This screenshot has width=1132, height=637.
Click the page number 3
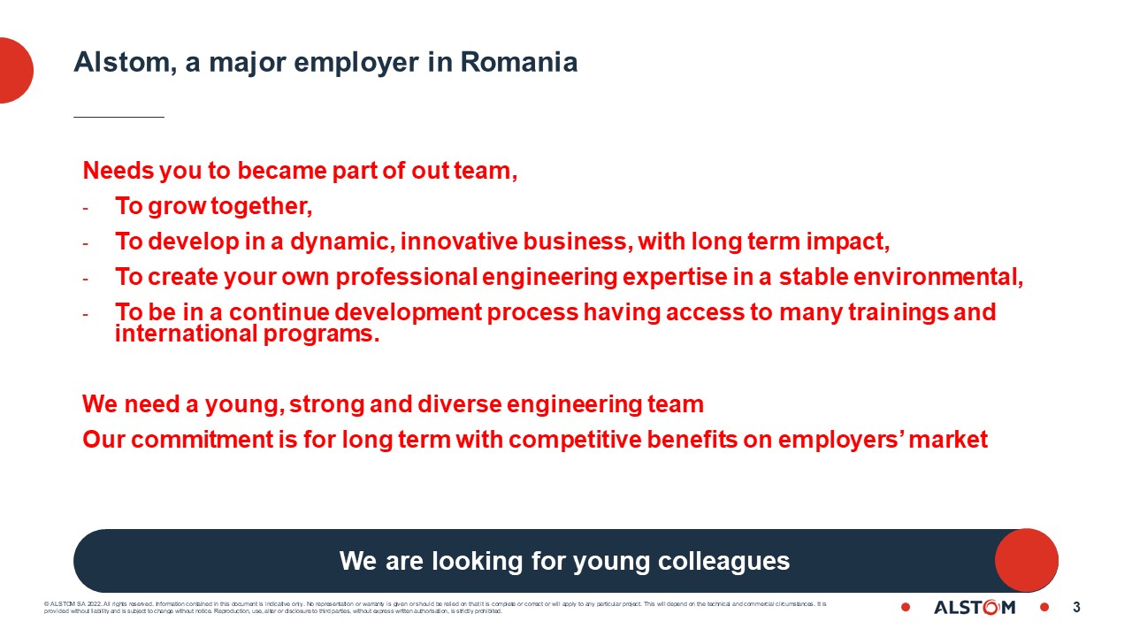pyautogui.click(x=1076, y=607)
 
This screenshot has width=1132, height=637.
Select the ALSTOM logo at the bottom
pyautogui.click(x=975, y=607)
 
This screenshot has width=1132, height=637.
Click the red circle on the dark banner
pyautogui.click(x=1026, y=560)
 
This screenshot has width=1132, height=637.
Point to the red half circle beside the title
pyautogui.click(x=15, y=70)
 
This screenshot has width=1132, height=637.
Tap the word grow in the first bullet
pyautogui.click(x=172, y=207)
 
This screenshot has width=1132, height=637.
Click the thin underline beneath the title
pyautogui.click(x=119, y=116)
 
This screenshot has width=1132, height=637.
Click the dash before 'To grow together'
pyautogui.click(x=86, y=208)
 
